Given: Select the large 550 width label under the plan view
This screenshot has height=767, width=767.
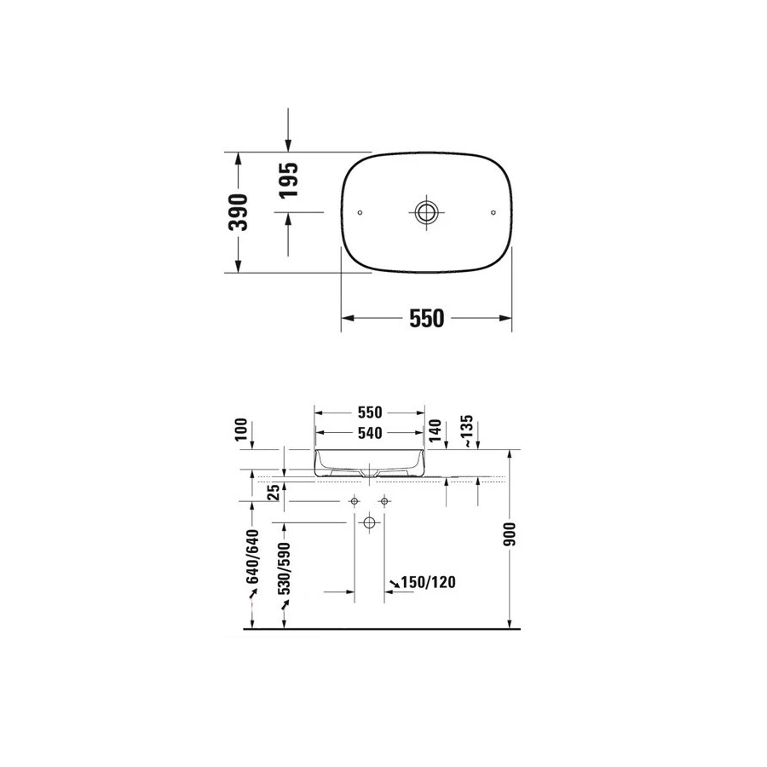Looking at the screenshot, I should point(426,318).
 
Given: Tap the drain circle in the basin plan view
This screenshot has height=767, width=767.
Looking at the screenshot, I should point(426,210).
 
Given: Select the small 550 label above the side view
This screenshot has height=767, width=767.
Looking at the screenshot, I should point(369,412).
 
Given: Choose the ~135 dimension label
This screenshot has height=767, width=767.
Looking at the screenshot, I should point(467,430).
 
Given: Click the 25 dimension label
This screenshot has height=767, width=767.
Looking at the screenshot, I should point(273,492).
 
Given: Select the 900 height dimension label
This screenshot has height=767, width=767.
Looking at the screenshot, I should point(510,534).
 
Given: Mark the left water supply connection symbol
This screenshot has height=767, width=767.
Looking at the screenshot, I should point(355,500).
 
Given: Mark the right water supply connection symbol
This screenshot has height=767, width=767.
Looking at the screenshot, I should point(384,500).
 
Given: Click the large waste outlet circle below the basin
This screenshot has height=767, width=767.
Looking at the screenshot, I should point(370,521).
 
